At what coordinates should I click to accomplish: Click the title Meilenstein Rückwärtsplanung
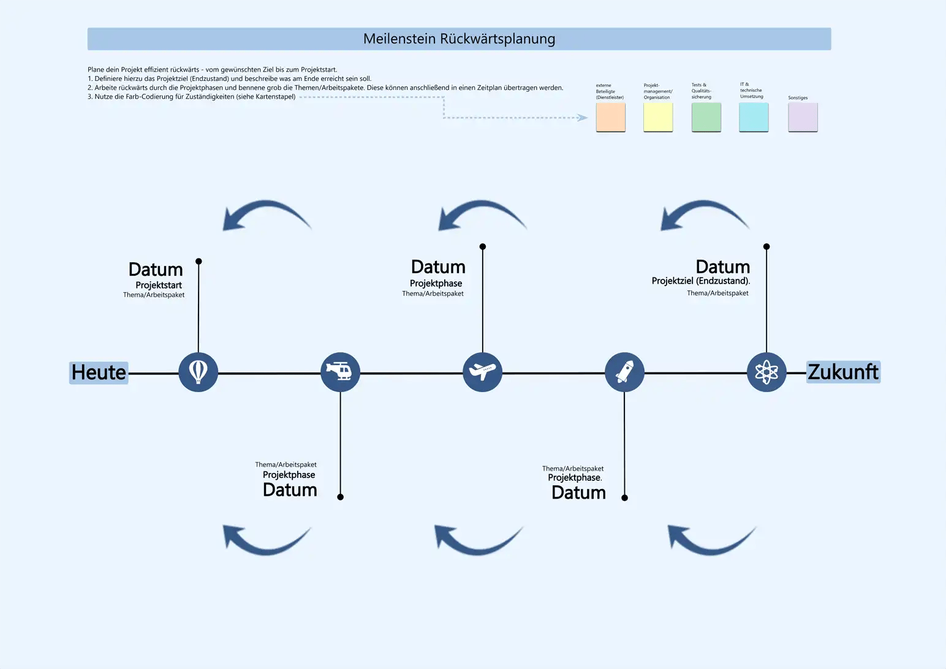pos(459,39)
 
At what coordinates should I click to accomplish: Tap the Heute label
pos(99,372)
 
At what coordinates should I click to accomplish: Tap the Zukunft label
pos(843,372)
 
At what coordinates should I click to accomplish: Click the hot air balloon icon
pos(198,372)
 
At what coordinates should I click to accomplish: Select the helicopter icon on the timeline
pos(340,372)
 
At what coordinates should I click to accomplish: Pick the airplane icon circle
pos(482,372)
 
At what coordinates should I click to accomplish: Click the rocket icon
pos(624,372)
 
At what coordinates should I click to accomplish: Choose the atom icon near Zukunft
pos(766,372)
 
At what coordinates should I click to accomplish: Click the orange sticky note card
pos(610,116)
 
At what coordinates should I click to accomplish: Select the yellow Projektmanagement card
pos(658,116)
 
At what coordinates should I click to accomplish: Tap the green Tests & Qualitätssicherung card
pos(706,116)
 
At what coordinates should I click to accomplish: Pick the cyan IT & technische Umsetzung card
pos(754,116)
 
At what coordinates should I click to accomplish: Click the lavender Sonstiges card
pos(803,116)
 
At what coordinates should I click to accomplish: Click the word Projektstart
pos(159,285)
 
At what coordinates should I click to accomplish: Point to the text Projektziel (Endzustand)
pos(700,281)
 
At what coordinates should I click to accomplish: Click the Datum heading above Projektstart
pos(156,270)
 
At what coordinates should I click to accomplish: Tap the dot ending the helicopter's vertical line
pos(341,497)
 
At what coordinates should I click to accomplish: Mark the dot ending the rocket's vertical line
pos(624,497)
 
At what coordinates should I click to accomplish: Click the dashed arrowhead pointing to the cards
pos(583,118)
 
